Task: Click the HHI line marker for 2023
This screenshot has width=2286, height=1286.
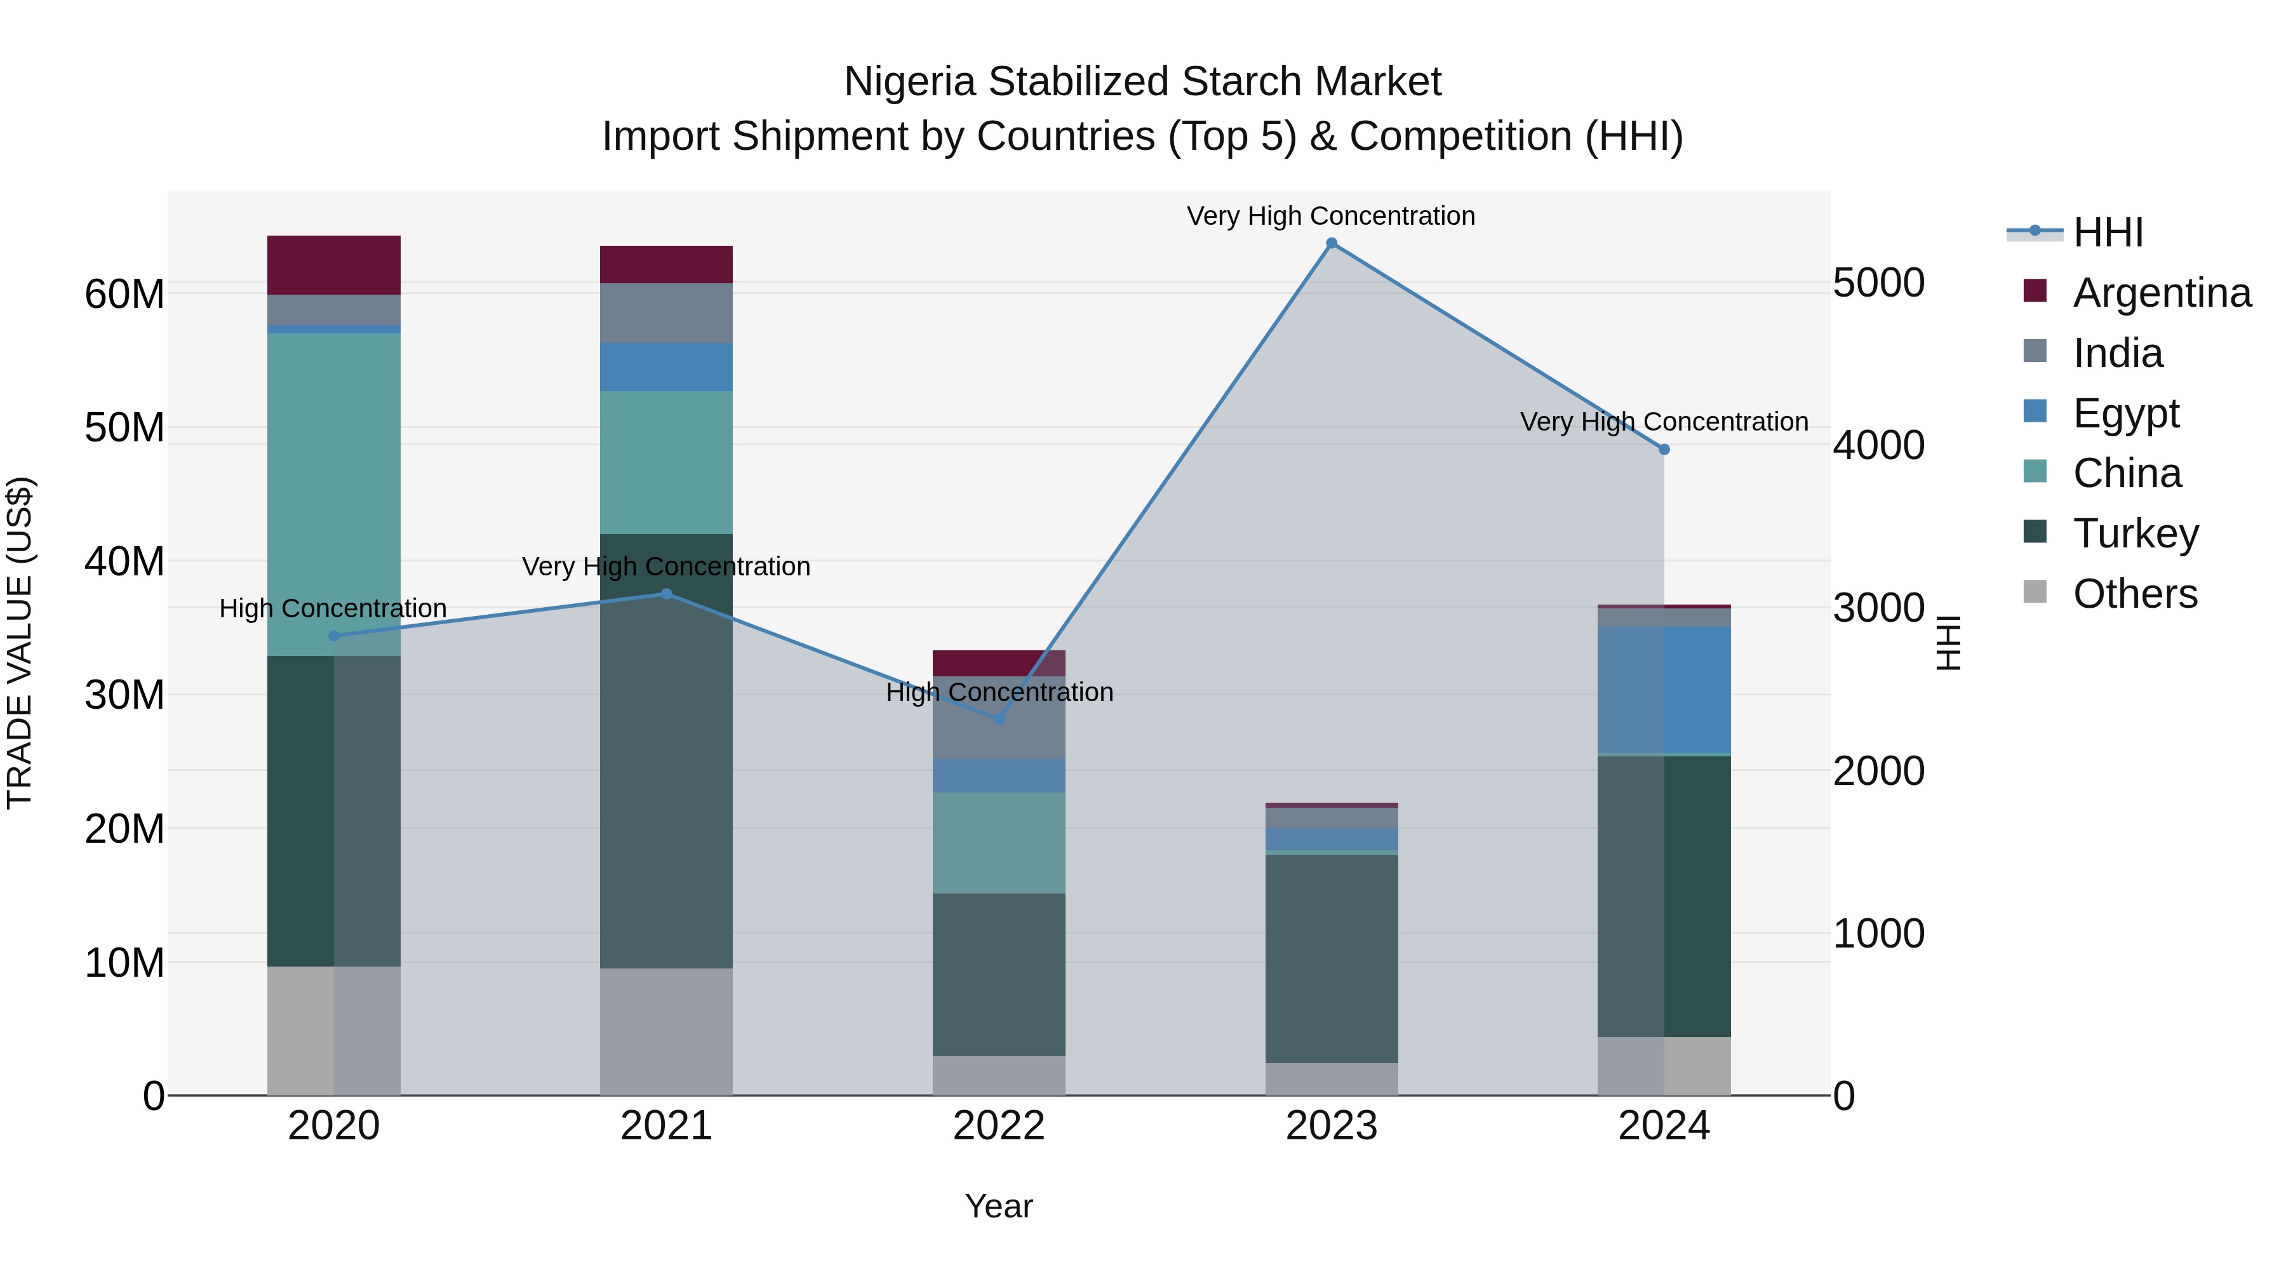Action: [x=1331, y=243]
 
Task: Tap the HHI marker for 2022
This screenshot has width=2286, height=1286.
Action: [x=999, y=719]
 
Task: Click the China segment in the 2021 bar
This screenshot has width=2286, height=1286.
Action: [x=667, y=462]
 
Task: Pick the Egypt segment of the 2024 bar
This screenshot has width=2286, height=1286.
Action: [x=1664, y=690]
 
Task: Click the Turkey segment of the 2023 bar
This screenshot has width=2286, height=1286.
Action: [x=1331, y=958]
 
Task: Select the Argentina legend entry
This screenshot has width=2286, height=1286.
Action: [x=2161, y=293]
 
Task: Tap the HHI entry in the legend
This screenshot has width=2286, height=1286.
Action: [x=2108, y=232]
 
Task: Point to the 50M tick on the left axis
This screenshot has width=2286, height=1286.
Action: [x=124, y=428]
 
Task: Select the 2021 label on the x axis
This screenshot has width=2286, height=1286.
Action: [x=667, y=1126]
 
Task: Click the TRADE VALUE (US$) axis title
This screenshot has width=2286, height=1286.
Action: [x=20, y=643]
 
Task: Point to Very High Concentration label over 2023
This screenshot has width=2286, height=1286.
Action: [x=1330, y=216]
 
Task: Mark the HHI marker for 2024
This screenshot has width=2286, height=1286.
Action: [x=1664, y=449]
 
